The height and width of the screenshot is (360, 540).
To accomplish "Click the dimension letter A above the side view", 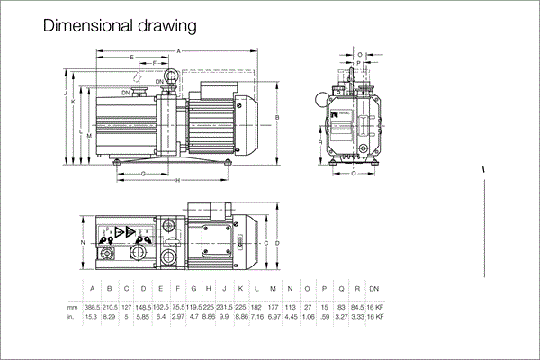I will [x=179, y=51].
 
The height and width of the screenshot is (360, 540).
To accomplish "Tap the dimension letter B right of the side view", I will [x=279, y=118].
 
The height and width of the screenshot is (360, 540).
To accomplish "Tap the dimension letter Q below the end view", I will [x=353, y=173].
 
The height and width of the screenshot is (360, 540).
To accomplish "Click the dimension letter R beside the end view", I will [x=321, y=141].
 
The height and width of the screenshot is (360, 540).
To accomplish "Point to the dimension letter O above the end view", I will [x=360, y=54].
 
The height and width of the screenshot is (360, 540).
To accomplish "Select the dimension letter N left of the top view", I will [x=82, y=243].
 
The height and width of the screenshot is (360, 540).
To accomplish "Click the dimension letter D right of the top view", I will [x=278, y=243].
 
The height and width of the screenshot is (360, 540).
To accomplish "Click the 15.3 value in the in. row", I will [x=92, y=317].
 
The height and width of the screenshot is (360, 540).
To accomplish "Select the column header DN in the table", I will [x=374, y=289].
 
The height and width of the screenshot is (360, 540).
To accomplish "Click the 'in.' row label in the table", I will [x=72, y=317].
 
